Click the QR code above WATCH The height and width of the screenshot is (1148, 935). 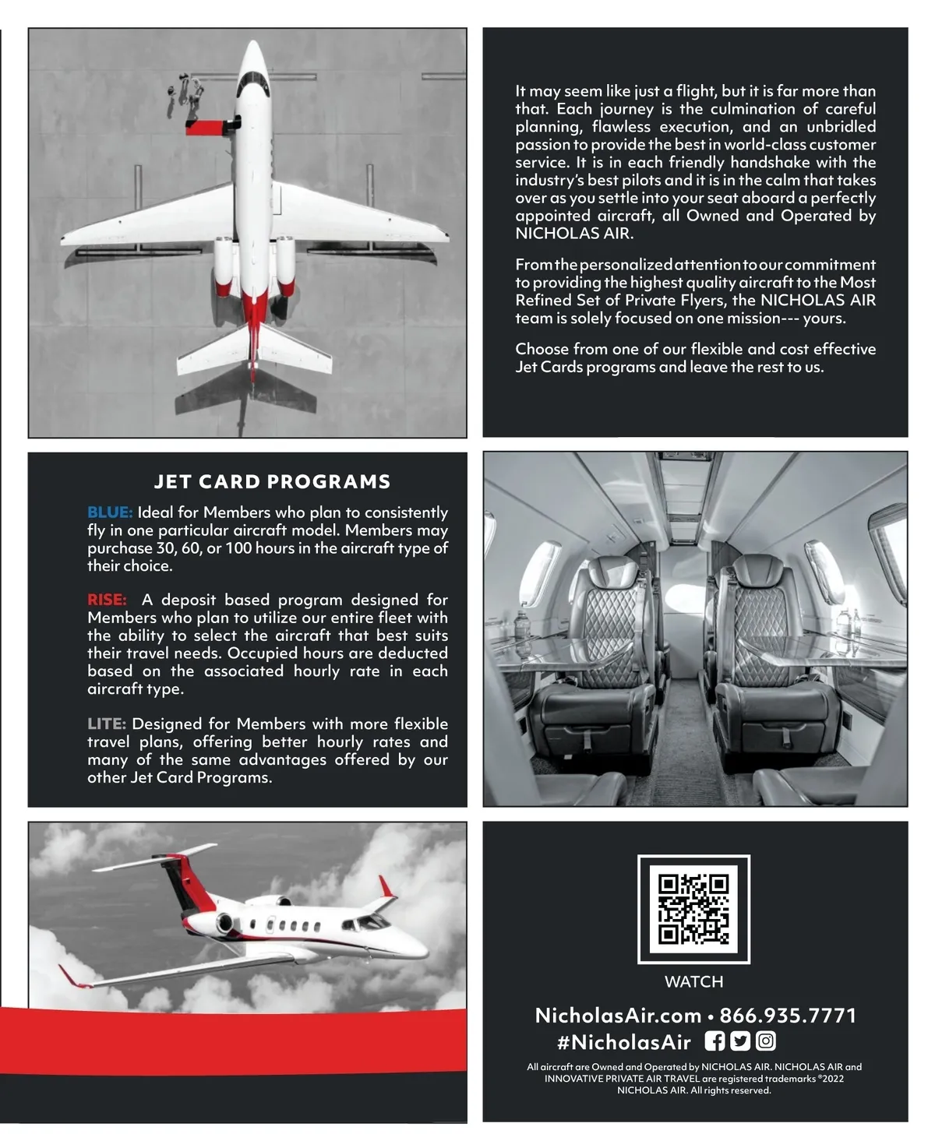point(693,909)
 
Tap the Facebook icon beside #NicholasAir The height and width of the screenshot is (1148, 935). point(714,1041)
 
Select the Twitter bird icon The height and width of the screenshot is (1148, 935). point(740,1041)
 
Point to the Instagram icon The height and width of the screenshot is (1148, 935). point(766,1041)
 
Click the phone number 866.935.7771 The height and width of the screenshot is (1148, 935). point(788,1016)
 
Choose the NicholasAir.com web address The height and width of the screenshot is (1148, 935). point(618,1016)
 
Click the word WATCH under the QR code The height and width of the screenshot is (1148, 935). point(693,981)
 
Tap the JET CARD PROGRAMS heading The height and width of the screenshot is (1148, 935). point(272,481)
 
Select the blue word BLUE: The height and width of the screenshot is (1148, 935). point(110,512)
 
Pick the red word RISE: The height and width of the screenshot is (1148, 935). point(107,600)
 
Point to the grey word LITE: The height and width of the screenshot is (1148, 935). point(107,724)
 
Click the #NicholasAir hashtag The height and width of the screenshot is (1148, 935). point(624,1042)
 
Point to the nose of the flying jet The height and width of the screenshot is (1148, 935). point(422,952)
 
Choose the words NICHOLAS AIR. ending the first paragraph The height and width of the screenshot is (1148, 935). point(574,233)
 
